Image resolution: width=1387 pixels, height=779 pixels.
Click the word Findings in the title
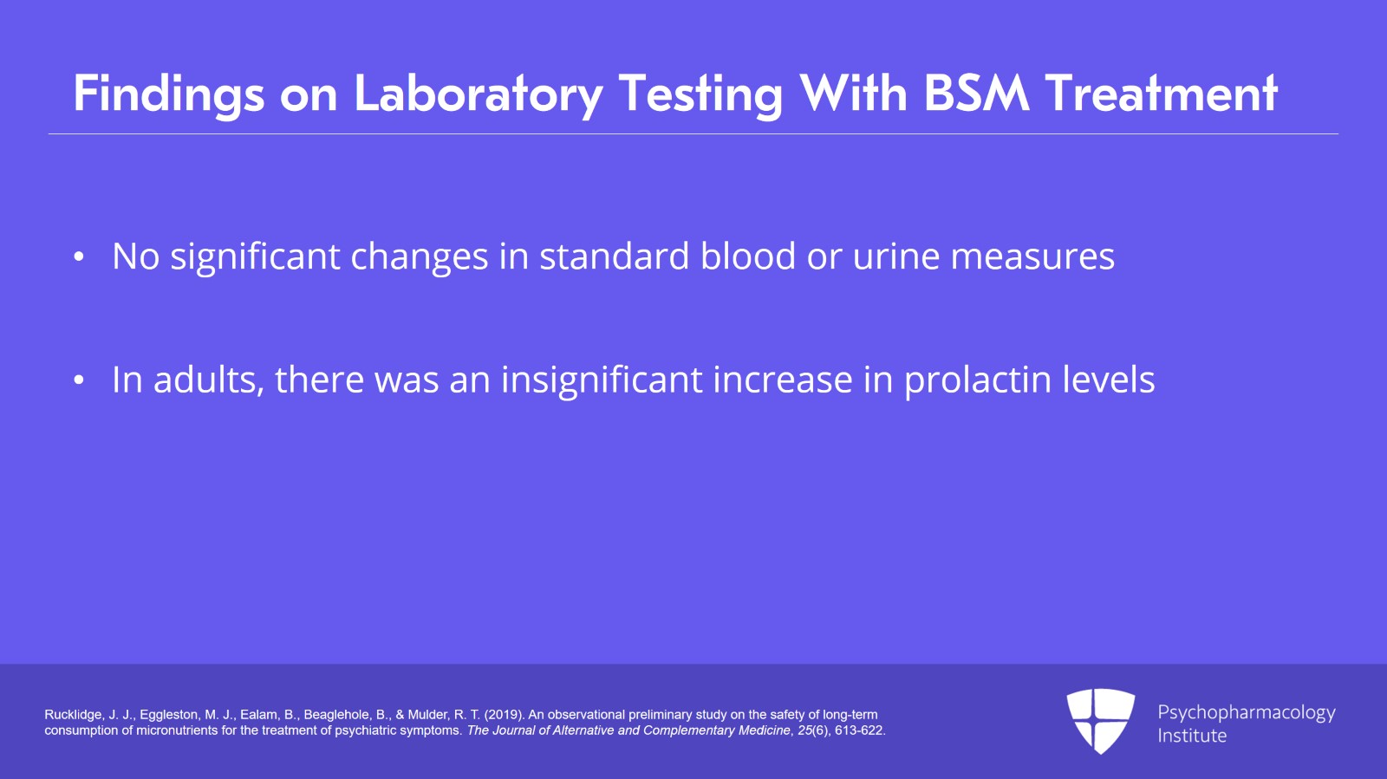click(x=169, y=94)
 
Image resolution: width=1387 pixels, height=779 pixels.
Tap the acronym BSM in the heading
click(x=976, y=94)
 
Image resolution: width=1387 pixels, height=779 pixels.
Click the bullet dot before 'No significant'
click(x=79, y=256)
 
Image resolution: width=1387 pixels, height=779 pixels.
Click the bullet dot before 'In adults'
click(x=79, y=380)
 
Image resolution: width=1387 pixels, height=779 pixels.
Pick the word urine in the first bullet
click(x=896, y=256)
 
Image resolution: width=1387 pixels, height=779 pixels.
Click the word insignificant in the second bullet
click(x=602, y=380)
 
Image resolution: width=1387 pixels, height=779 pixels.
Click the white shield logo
click(x=1100, y=721)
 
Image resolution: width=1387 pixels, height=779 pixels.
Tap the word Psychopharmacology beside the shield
click(x=1247, y=713)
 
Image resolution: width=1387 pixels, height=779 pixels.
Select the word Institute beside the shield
click(x=1192, y=735)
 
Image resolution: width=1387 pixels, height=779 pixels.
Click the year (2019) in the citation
click(x=504, y=715)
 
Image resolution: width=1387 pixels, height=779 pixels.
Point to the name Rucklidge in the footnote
click(x=73, y=715)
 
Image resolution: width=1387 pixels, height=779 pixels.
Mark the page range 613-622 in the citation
click(x=859, y=730)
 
